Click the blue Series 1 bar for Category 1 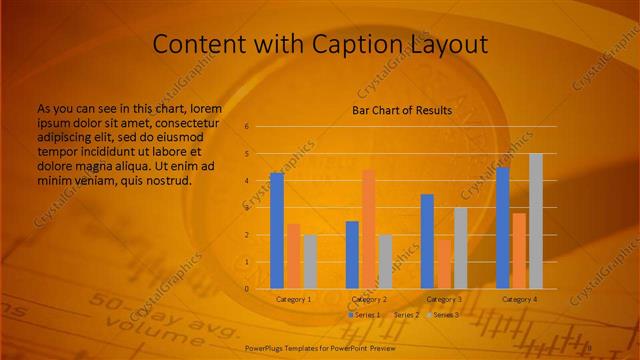coord(277,231)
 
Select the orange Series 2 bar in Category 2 coord(368,229)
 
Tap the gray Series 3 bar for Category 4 coord(535,221)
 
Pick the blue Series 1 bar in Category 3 coord(427,241)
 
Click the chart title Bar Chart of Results coord(402,110)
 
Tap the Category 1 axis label coord(294,299)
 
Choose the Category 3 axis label coord(444,299)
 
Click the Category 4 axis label coord(519,299)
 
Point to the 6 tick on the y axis coord(246,127)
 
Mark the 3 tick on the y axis coord(246,208)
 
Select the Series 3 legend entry coord(444,315)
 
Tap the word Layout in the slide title coord(445,44)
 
